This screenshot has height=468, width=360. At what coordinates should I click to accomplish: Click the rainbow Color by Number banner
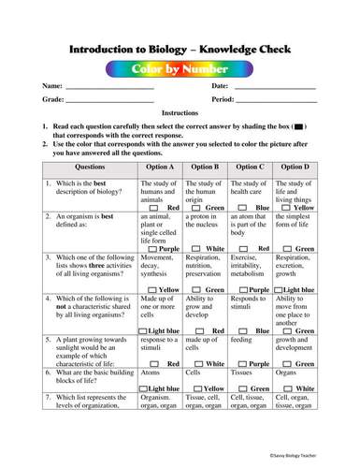[x=180, y=69]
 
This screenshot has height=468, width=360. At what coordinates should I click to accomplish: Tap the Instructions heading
[x=180, y=112]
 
